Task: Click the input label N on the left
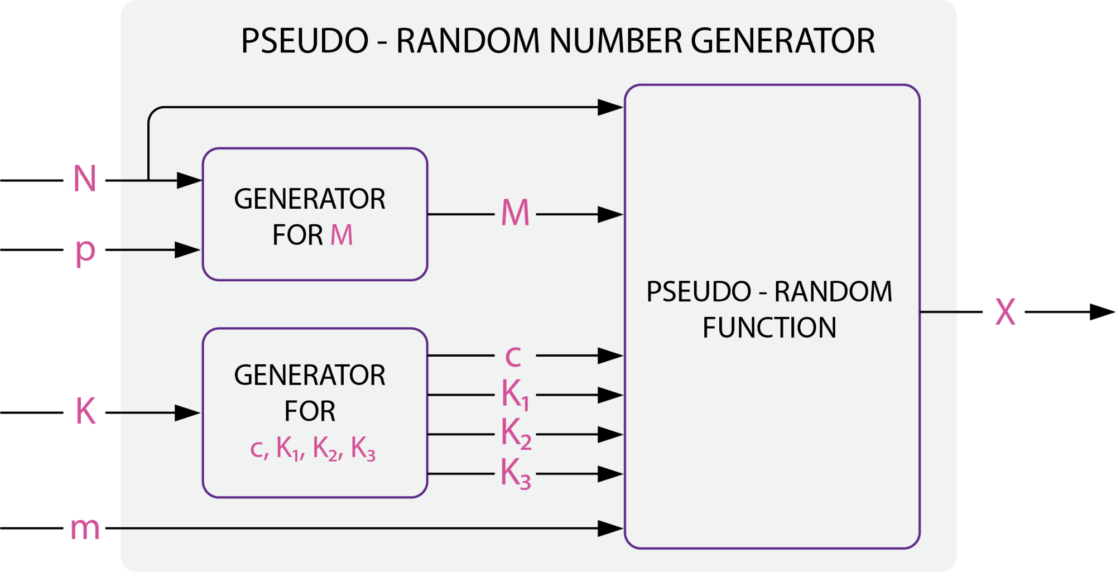click(85, 179)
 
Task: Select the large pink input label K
click(85, 411)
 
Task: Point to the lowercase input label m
click(85, 528)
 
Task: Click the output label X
click(1005, 312)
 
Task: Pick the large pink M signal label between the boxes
click(514, 213)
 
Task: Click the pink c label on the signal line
click(513, 356)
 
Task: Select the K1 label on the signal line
click(515, 395)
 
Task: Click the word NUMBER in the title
click(615, 41)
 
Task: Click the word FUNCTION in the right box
click(769, 328)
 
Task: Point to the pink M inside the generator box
click(341, 235)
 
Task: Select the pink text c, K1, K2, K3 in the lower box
click(312, 449)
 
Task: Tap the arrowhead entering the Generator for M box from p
click(188, 249)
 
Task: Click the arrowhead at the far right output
click(1102, 312)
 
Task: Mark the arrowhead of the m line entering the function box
click(610, 528)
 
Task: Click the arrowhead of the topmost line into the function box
click(610, 107)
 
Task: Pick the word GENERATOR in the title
click(782, 41)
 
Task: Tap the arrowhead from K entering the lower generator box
click(188, 412)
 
